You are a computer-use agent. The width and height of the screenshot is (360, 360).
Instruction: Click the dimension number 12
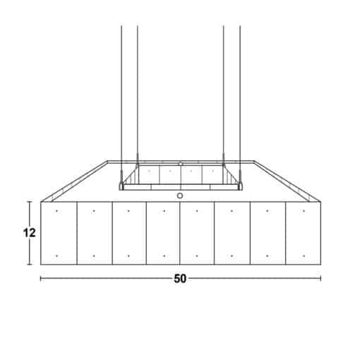(30, 233)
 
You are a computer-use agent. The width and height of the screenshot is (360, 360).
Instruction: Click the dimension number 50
(180, 279)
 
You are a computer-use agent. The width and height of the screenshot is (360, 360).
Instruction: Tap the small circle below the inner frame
(180, 196)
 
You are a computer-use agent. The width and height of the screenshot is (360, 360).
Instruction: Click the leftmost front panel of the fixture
(59, 233)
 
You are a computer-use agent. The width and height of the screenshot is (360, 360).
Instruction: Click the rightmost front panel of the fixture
(304, 233)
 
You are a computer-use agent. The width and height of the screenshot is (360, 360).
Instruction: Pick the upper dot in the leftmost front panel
(56, 211)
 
